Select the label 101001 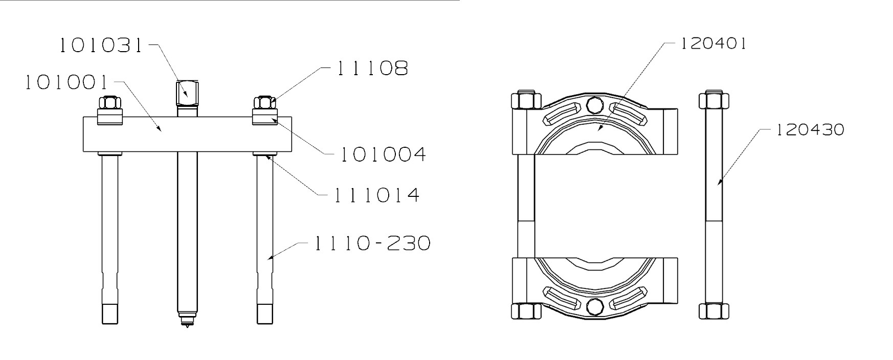coord(67,82)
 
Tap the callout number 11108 coord(372,68)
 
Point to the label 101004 coord(383,154)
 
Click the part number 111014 coord(377,195)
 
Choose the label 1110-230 coord(372,243)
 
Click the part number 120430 coord(810,130)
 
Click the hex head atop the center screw coord(187,92)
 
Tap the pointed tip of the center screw coord(187,323)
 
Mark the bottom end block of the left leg coord(110,313)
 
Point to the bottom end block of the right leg coord(264,313)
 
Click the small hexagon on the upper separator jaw coord(594,105)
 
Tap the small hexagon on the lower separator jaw coord(594,306)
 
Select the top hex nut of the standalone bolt coord(713,100)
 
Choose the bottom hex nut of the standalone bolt coord(713,310)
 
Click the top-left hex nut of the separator coord(526,100)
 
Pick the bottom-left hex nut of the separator coord(526,311)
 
